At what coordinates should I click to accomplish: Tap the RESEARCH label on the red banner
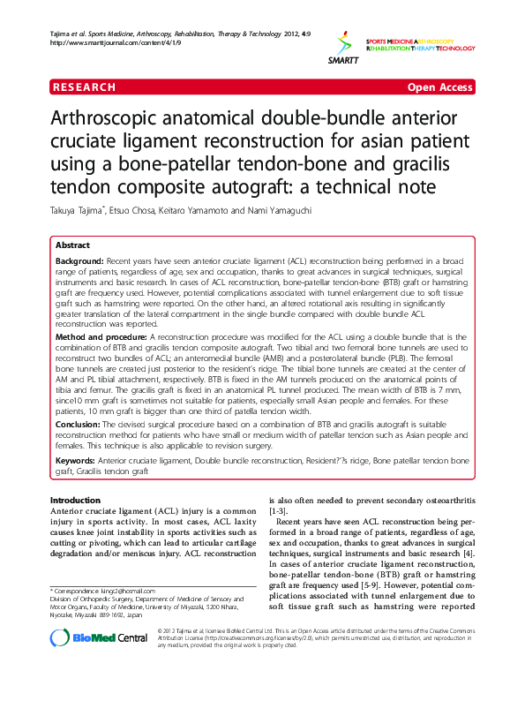pos(85,87)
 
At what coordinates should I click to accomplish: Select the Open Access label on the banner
pos(439,87)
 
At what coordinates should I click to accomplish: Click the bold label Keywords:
pos(75,461)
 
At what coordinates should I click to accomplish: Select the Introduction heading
pos(75,501)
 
